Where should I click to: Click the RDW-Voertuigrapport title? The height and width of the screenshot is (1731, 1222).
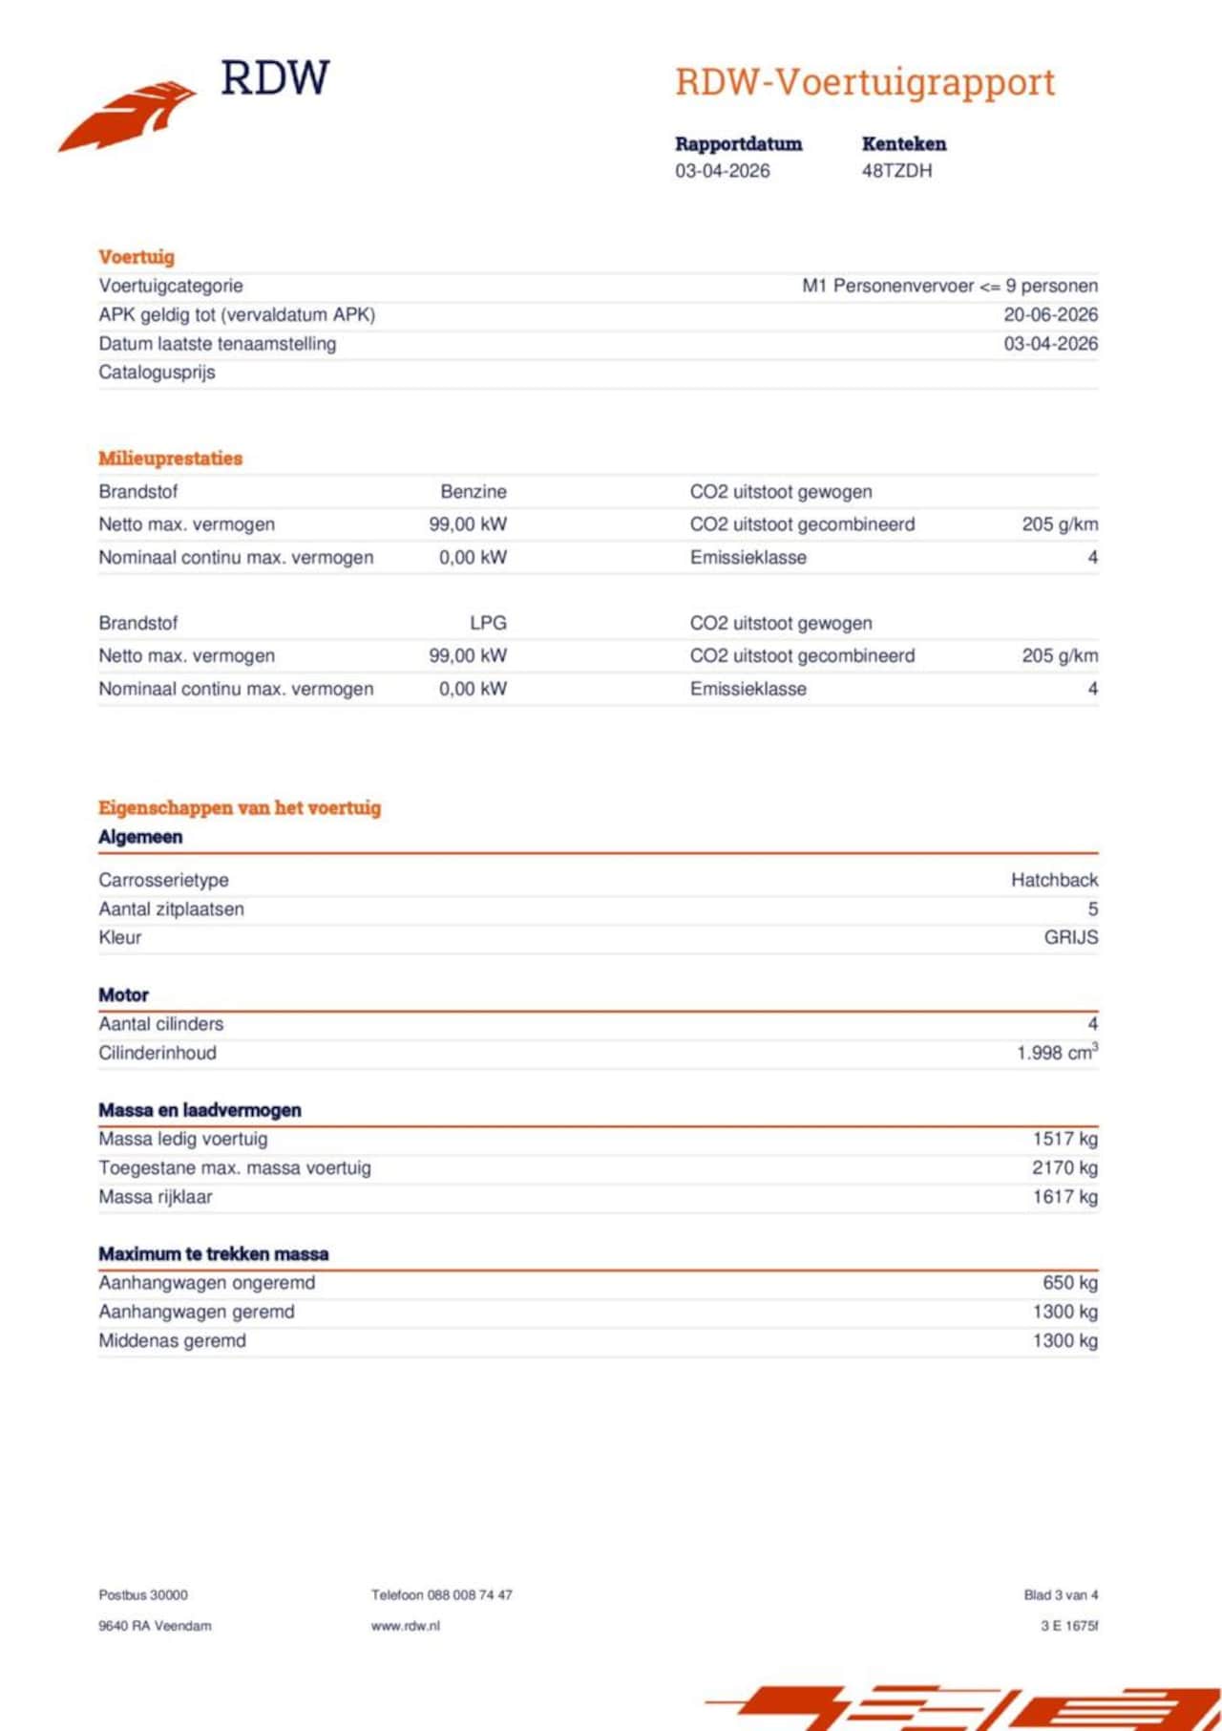coord(865,82)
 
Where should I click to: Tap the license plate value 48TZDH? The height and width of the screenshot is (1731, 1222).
coord(896,171)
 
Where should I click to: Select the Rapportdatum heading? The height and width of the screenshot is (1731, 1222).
coord(738,144)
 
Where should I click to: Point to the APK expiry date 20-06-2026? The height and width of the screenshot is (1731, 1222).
coord(1050,314)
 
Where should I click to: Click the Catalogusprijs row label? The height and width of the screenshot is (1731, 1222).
coord(157,373)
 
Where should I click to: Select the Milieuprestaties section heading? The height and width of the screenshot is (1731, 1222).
coord(170,459)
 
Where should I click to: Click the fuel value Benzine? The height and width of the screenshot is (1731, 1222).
coord(474,492)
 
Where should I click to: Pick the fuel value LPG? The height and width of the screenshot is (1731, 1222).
coord(488,623)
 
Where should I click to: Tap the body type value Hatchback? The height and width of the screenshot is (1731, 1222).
coord(1054,880)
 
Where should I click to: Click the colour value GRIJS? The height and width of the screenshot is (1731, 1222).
coord(1070,937)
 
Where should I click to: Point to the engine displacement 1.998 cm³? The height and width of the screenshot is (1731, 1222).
coord(1057,1053)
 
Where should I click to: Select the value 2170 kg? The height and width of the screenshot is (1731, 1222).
coord(1064,1167)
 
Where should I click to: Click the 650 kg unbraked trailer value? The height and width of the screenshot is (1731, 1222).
coord(1069,1283)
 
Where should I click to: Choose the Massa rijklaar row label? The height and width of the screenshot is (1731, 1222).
coord(156,1197)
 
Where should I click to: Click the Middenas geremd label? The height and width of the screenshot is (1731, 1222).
coord(172,1341)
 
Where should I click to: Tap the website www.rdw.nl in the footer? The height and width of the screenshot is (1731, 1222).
coord(406,1625)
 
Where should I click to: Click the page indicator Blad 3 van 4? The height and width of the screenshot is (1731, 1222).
coord(1061,1594)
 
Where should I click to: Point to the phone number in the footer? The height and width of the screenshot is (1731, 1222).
coord(442,1594)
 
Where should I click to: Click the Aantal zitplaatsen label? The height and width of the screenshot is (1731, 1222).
coord(171,909)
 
